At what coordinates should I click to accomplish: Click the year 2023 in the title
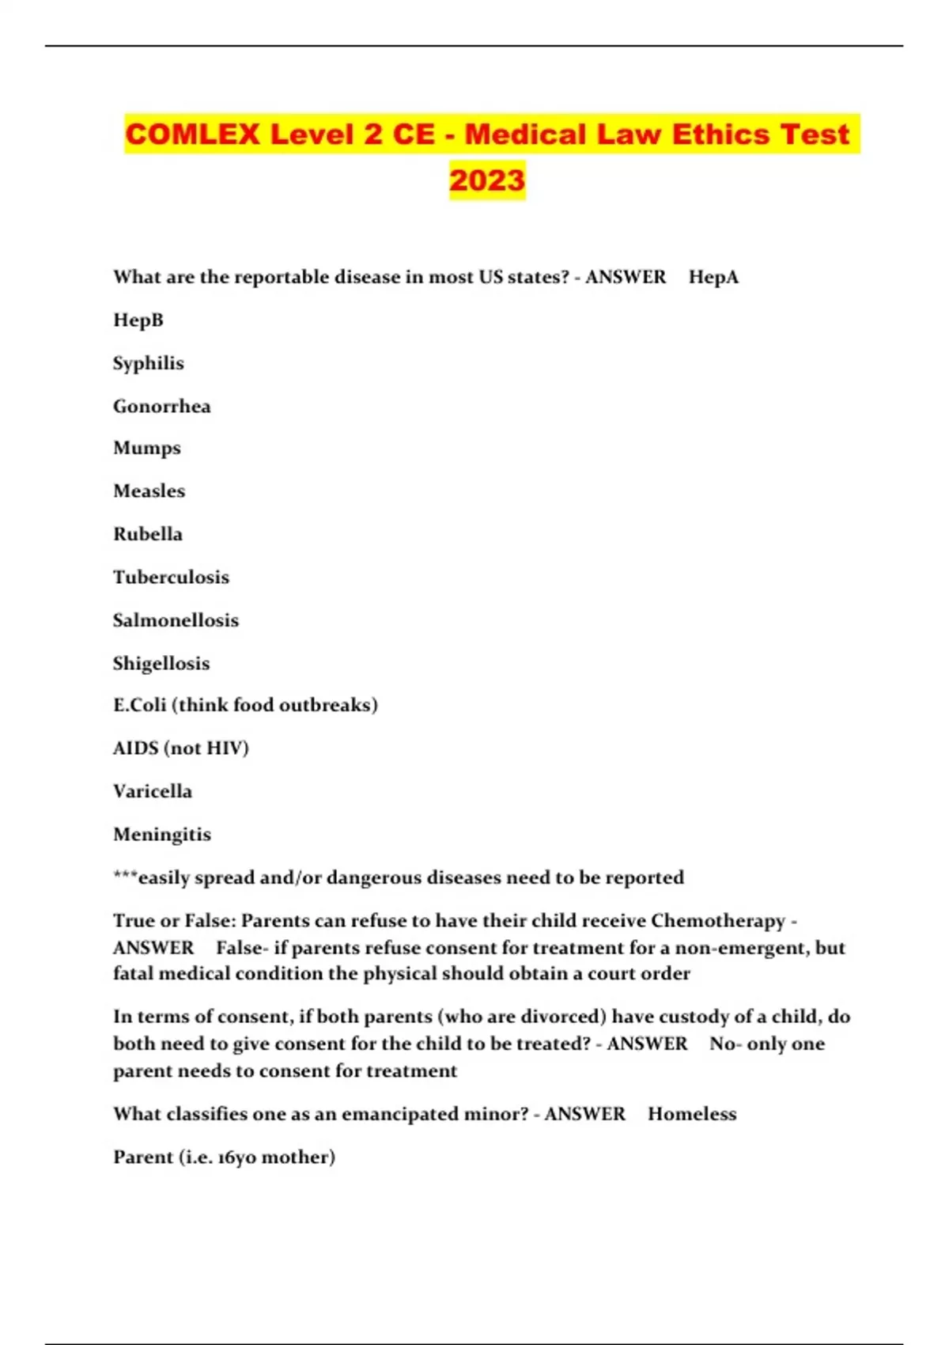(x=487, y=180)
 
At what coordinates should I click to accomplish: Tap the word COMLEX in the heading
(x=192, y=134)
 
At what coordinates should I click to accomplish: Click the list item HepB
(x=138, y=320)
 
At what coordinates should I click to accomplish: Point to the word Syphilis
(x=149, y=363)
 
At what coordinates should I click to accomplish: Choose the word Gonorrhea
(x=162, y=406)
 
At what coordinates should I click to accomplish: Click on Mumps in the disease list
(x=147, y=448)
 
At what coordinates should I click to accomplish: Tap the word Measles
(x=149, y=491)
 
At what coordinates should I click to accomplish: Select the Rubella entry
(x=148, y=534)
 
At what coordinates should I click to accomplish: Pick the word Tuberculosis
(x=171, y=577)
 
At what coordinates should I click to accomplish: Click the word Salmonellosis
(x=176, y=620)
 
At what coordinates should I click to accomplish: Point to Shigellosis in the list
(x=161, y=663)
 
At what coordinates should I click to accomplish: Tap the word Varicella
(x=153, y=791)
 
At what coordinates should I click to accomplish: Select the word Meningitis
(x=162, y=834)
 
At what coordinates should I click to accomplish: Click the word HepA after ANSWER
(x=713, y=277)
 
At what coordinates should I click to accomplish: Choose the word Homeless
(x=692, y=1114)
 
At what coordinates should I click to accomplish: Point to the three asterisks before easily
(x=125, y=876)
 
